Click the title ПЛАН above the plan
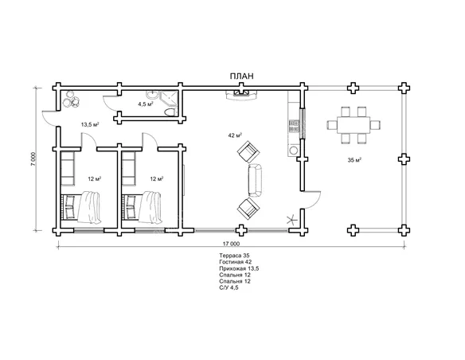[242, 76]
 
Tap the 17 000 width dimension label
[231, 244]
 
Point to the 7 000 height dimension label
[33, 159]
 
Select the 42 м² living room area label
[235, 135]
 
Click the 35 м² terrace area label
[354, 160]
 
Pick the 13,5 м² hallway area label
[89, 124]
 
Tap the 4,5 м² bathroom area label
[145, 104]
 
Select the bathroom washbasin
[152, 96]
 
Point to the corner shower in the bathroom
[169, 98]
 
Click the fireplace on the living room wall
[241, 94]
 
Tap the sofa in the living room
[255, 180]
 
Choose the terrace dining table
[354, 125]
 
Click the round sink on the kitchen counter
[294, 151]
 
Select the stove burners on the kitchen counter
[294, 126]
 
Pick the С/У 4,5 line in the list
[229, 288]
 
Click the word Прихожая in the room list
[232, 268]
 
